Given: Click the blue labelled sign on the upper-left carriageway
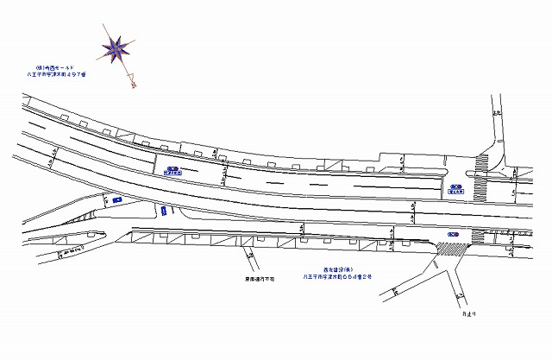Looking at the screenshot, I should click(x=172, y=170).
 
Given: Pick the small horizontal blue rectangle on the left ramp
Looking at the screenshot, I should click(x=116, y=199).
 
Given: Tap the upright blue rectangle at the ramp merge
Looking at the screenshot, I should click(x=161, y=212).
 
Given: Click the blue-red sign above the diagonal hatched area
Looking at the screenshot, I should click(x=453, y=235).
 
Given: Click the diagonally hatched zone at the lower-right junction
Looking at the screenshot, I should click(x=449, y=249).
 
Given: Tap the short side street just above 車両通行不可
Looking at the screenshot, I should click(x=249, y=257).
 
